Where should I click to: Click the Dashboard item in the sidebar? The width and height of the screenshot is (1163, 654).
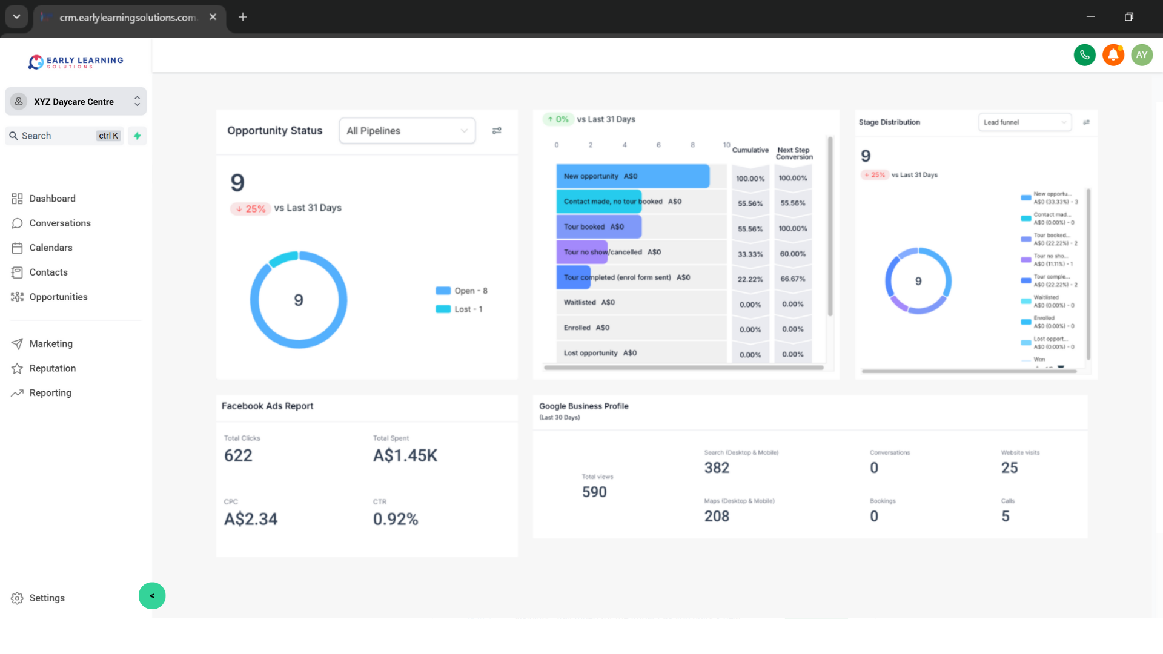coord(52,199)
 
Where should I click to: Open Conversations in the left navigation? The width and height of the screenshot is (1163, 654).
coord(59,223)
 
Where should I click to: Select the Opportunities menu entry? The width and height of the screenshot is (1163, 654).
coord(58,297)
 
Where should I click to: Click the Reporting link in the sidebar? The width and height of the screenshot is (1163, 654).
coord(50,393)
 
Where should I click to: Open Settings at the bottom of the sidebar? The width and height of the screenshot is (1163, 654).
coord(47,598)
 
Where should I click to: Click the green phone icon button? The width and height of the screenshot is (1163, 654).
coord(1084,55)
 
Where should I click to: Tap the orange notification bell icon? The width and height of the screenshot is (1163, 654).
coord(1113,55)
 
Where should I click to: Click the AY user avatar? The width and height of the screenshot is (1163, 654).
coord(1141,55)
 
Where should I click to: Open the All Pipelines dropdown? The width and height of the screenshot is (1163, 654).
coord(407,131)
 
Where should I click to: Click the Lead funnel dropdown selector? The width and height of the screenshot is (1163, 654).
coord(1024,122)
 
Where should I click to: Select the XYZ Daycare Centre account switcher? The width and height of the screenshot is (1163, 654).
coord(76,102)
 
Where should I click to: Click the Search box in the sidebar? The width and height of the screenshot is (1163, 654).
coord(58,136)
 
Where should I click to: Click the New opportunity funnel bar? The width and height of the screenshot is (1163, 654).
coord(632,176)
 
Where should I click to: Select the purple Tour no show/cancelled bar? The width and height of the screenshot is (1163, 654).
coord(581,252)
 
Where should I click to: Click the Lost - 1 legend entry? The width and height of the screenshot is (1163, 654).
coord(467,309)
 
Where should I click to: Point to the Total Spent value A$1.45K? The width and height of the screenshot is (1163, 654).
coord(405,455)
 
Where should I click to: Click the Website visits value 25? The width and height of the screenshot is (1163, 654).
coord(1009,467)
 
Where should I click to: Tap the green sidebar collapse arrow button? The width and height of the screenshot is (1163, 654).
coord(152,596)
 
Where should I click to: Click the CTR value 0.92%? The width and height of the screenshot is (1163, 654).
coord(395,519)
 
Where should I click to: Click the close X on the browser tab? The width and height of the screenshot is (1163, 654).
coord(213,17)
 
